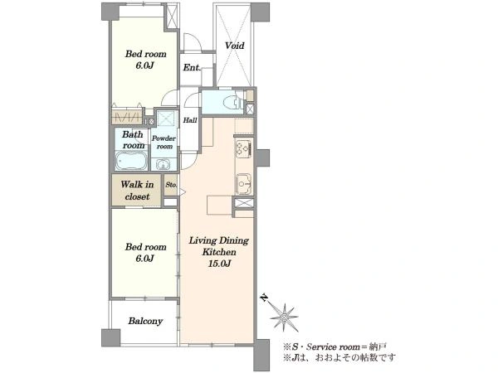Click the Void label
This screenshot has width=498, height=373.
(x=235, y=46)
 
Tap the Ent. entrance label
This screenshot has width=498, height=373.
(x=192, y=68)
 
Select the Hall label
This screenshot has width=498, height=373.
(x=190, y=120)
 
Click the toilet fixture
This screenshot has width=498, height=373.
(x=233, y=103)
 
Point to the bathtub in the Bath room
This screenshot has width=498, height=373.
(x=131, y=161)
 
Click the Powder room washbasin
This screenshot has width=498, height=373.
(x=163, y=165)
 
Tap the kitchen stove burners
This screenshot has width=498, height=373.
(x=244, y=149)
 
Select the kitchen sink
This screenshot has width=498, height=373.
(x=243, y=184)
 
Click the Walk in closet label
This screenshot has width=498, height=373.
(x=137, y=191)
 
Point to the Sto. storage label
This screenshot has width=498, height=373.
(x=171, y=185)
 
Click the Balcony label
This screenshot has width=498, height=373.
(x=145, y=321)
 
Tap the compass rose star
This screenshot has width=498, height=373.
(x=284, y=317)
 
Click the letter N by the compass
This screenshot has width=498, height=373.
(x=264, y=298)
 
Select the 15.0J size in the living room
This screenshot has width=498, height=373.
(x=219, y=264)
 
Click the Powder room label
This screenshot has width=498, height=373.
(x=164, y=143)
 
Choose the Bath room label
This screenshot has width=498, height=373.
(x=134, y=140)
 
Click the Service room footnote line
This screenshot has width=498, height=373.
(x=335, y=346)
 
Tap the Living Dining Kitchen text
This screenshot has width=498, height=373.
(x=219, y=246)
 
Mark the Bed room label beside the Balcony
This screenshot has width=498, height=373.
(x=145, y=253)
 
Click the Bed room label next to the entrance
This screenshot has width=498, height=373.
(x=145, y=60)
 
